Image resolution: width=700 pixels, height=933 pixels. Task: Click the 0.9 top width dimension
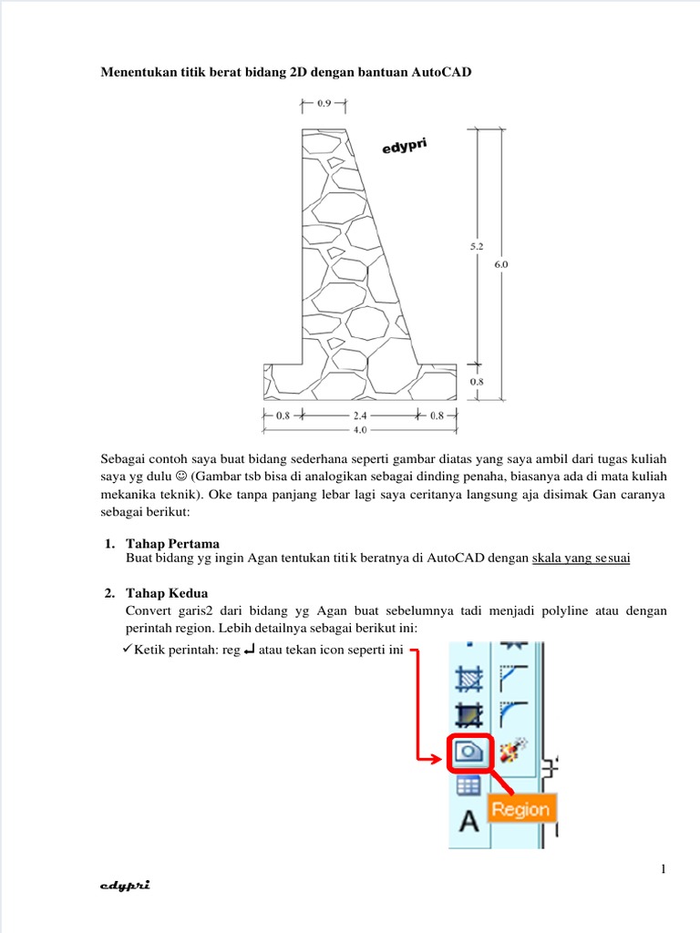coord(324,104)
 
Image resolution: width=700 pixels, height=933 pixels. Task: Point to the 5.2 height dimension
coord(478,246)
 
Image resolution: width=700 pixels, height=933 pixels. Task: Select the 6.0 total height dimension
coord(500,264)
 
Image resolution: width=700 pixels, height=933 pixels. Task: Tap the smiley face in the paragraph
coord(180,477)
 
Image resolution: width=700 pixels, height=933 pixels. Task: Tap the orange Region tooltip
coord(521,809)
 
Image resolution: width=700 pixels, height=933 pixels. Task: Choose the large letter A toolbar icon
coord(468,822)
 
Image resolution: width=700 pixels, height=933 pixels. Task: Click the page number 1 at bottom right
coord(664,869)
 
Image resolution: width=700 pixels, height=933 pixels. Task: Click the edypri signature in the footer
coord(125,885)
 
